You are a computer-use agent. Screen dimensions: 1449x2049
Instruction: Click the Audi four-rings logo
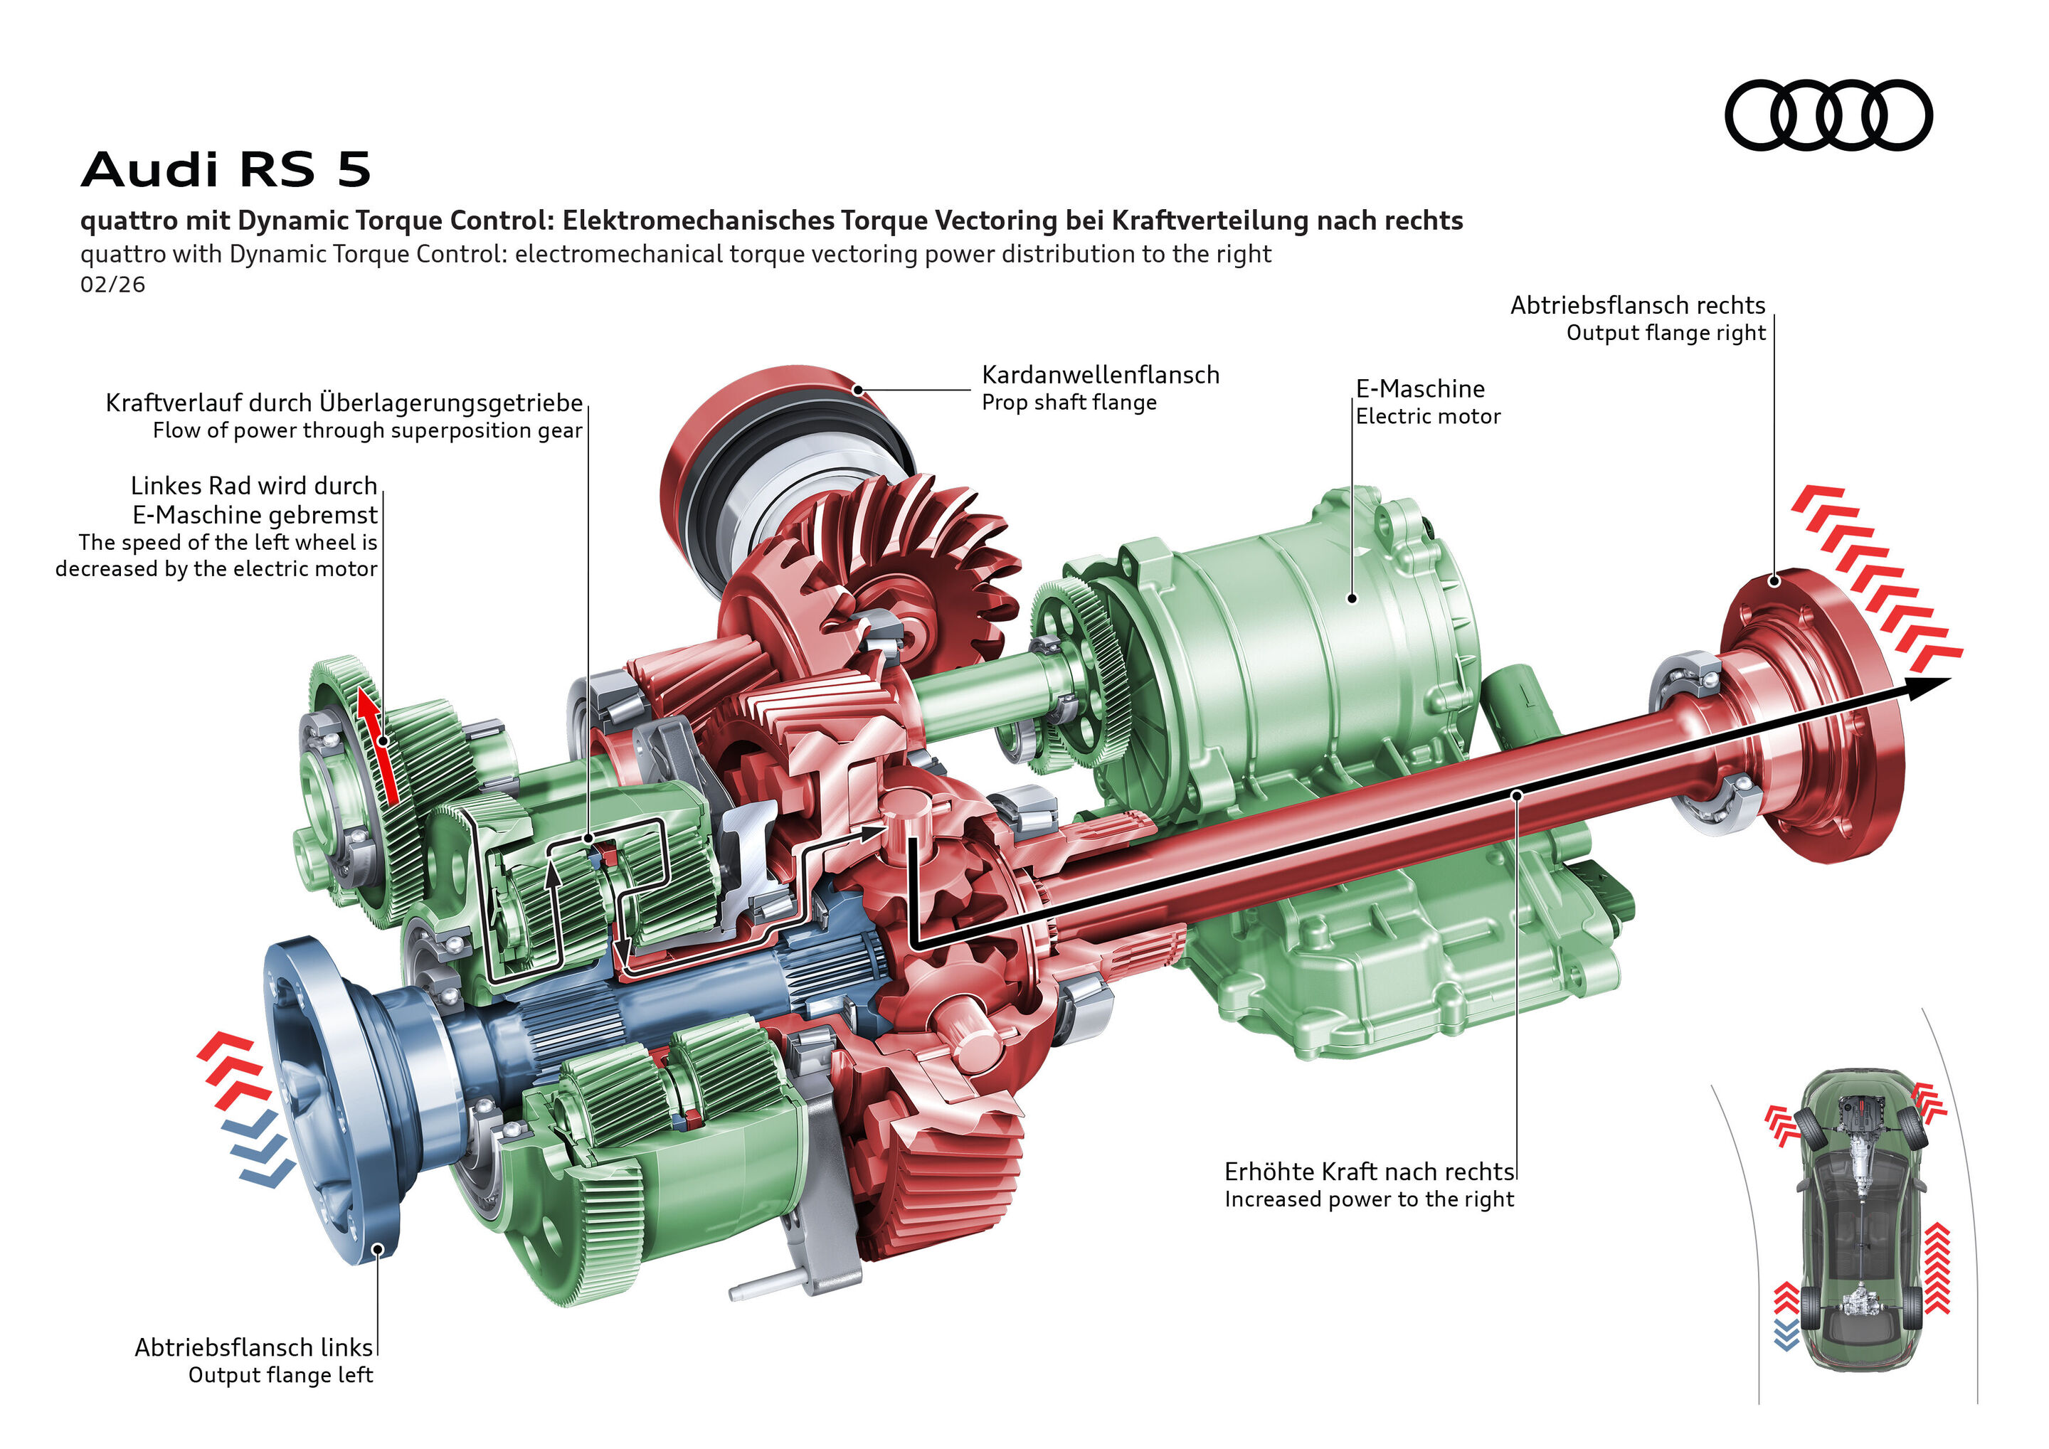[1828, 115]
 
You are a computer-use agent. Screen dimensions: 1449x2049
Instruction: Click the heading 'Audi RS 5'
[225, 169]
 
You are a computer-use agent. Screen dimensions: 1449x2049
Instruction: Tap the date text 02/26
[112, 285]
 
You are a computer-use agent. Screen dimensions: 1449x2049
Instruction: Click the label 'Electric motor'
[1427, 417]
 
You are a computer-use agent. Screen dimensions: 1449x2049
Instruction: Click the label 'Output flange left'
[280, 1375]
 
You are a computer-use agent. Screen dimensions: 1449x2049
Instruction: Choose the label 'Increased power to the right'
[1368, 1199]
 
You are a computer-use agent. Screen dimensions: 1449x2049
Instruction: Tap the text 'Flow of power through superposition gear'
[367, 431]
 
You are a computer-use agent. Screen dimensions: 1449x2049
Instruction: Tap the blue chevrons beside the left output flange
[259, 1151]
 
